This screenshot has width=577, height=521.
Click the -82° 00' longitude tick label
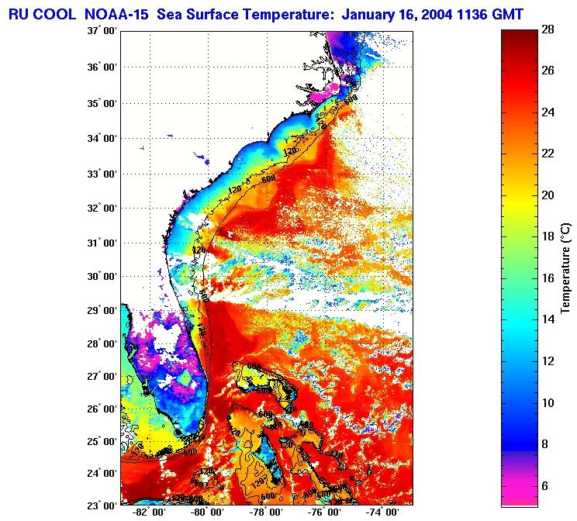coord(146,513)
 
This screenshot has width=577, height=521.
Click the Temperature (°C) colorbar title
coord(565,268)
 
